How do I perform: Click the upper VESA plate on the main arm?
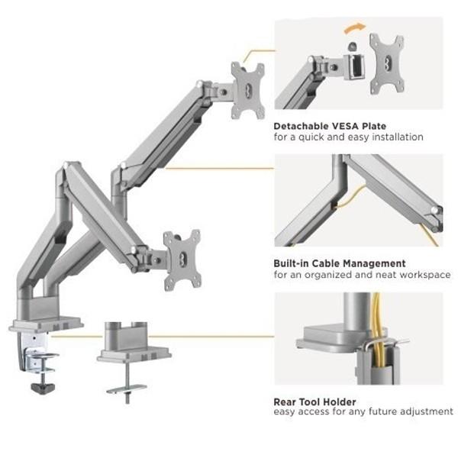pos(247,90)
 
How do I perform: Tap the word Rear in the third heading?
pos(285,401)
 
